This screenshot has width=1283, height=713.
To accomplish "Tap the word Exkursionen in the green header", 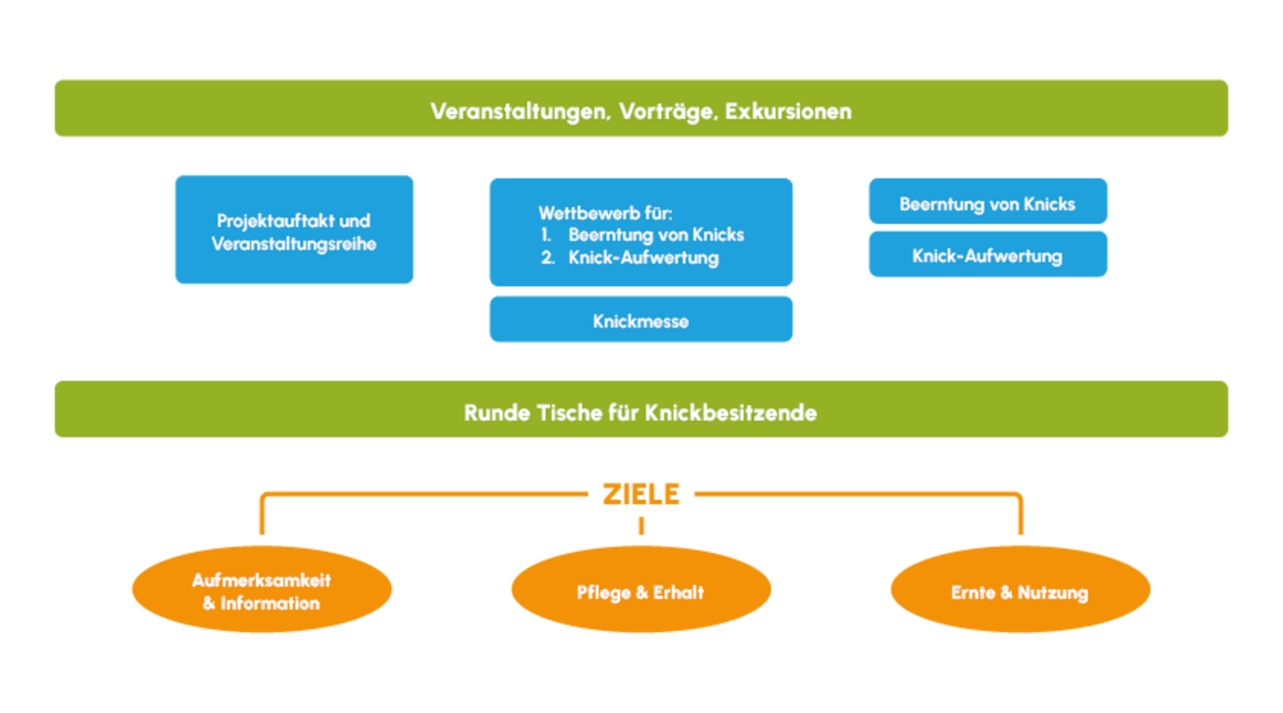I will tap(788, 111).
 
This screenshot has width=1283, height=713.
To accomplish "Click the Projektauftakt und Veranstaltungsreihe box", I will tap(294, 230).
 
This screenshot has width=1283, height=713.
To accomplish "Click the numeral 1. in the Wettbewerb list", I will tap(547, 235).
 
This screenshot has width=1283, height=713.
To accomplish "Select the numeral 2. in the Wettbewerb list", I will tap(547, 258).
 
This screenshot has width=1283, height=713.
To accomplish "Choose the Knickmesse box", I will tap(640, 320).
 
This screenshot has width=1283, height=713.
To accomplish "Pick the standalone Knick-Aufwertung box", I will tap(987, 255).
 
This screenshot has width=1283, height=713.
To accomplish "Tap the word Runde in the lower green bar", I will tap(497, 414).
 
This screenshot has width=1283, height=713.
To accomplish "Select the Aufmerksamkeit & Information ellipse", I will tap(261, 590).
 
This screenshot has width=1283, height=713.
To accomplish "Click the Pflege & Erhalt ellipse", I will tap(640, 591).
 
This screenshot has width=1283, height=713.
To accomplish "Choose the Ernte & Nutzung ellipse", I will tap(1020, 591).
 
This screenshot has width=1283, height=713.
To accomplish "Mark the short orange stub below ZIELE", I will tap(641, 525).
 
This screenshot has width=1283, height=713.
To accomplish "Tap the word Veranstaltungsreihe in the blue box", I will tap(294, 243).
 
